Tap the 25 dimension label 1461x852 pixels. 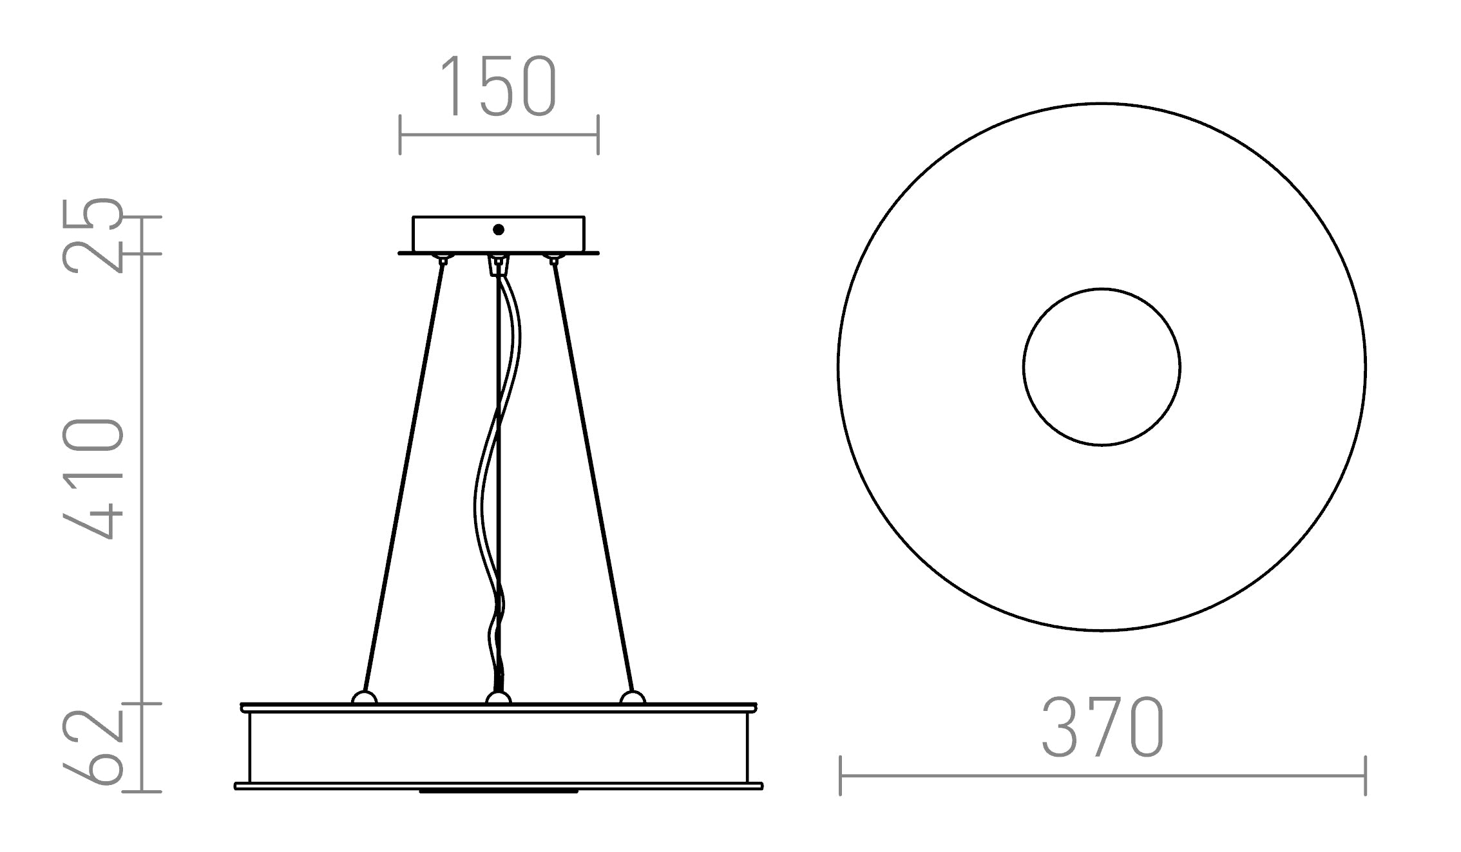pyautogui.click(x=92, y=236)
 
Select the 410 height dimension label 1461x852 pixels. pyautogui.click(x=92, y=478)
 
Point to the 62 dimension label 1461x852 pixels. pyautogui.click(x=92, y=748)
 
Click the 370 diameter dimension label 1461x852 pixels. pyautogui.click(x=1102, y=727)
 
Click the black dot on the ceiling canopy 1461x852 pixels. pyautogui.click(x=498, y=230)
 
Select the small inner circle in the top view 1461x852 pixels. pyautogui.click(x=1102, y=366)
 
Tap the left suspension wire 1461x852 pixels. pyautogui.click(x=403, y=477)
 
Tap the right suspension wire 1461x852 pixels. pyautogui.click(x=593, y=477)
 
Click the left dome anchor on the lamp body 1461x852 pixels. pyautogui.click(x=364, y=698)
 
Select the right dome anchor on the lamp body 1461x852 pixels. pyautogui.click(x=632, y=698)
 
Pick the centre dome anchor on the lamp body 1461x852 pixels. pyautogui.click(x=498, y=699)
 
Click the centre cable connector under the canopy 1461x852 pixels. pyautogui.click(x=498, y=265)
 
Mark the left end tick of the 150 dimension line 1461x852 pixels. pyautogui.click(x=400, y=135)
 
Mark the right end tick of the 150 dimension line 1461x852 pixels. pyautogui.click(x=598, y=135)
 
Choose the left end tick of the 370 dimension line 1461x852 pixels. pyautogui.click(x=841, y=776)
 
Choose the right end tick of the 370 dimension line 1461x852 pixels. pyautogui.click(x=1365, y=776)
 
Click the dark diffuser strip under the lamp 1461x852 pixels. pyautogui.click(x=498, y=791)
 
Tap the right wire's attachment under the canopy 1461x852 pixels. pyautogui.click(x=552, y=259)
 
